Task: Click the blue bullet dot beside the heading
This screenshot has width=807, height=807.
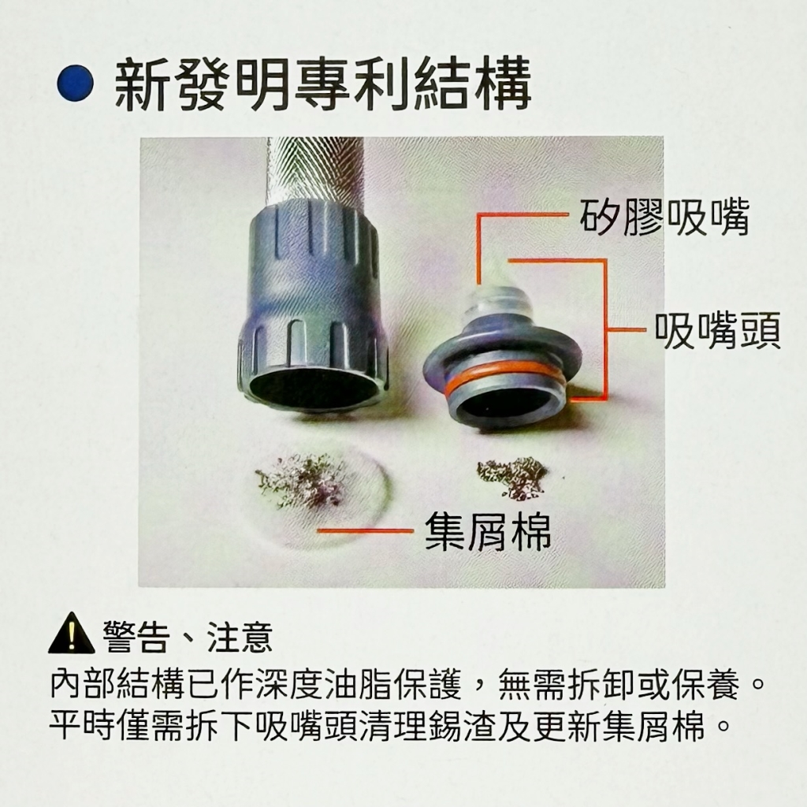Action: pos(75,82)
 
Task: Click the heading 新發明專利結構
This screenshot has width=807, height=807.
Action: pos(322,84)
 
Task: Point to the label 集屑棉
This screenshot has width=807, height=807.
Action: pos(488,531)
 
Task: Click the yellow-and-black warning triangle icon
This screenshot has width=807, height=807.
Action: pos(72,634)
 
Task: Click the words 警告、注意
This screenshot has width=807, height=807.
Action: pos(188,637)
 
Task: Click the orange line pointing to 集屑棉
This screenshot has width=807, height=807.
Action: pos(366,530)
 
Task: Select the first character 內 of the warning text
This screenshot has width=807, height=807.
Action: pos(66,685)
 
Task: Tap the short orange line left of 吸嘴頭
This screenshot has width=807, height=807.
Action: pos(627,329)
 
